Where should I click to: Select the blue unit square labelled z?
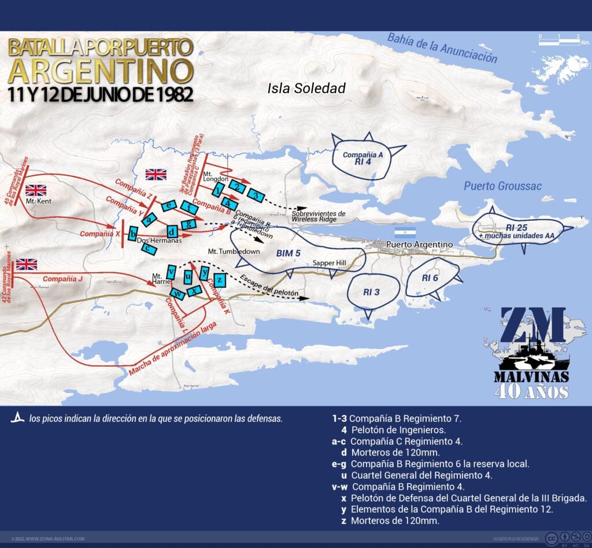(219, 280)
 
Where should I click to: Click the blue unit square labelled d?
(171, 230)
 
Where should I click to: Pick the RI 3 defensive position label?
(372, 292)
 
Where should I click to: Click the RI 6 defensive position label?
(430, 278)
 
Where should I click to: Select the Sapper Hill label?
(329, 263)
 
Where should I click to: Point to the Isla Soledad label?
(306, 88)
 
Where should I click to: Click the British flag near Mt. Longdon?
(156, 174)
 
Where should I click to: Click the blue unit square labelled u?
(188, 276)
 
